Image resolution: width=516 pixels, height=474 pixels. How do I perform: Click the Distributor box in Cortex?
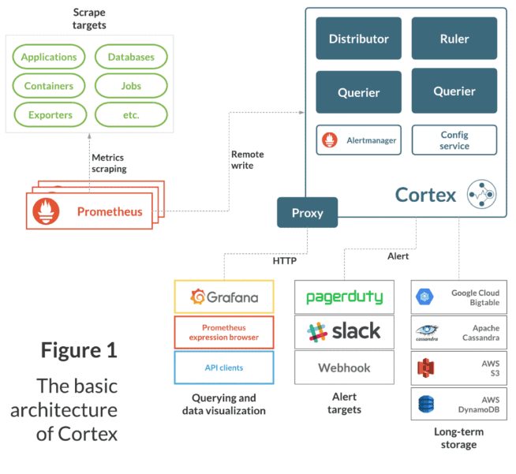pyautogui.click(x=358, y=39)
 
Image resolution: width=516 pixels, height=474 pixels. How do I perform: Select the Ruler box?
pyautogui.click(x=454, y=38)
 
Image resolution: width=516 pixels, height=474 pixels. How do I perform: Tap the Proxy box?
pyautogui.click(x=308, y=213)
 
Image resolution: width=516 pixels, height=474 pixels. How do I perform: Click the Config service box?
pyautogui.click(x=454, y=140)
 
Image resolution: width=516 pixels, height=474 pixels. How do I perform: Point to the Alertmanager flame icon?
pyautogui.click(x=331, y=140)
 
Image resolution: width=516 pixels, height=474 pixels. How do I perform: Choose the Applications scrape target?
pyautogui.click(x=49, y=57)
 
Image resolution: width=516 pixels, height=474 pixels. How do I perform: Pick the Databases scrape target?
pyautogui.click(x=130, y=57)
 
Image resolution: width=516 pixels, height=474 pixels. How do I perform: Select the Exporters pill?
pyautogui.click(x=49, y=115)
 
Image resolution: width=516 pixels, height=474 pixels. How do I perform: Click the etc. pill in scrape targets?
pyautogui.click(x=130, y=115)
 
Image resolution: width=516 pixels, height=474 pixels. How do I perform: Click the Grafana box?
pyautogui.click(x=223, y=297)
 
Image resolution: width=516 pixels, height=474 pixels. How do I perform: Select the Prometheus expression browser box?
pyautogui.click(x=223, y=332)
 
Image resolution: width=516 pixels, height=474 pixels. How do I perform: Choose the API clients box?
pyautogui.click(x=223, y=368)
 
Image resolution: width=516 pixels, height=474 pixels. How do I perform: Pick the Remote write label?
pyautogui.click(x=248, y=160)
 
